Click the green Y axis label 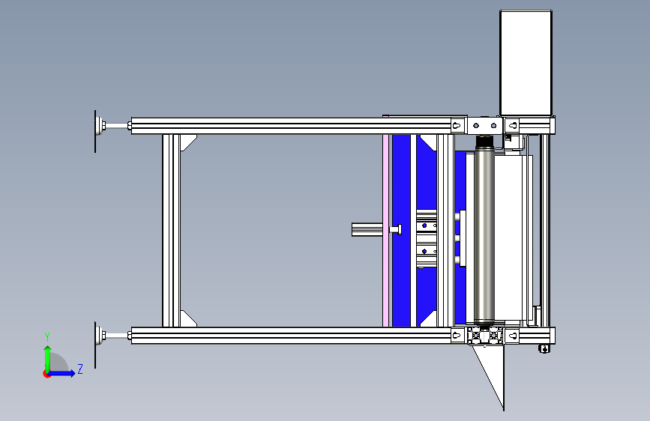pyautogui.click(x=47, y=337)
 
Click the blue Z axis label pyautogui.click(x=80, y=369)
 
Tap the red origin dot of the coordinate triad pyautogui.click(x=46, y=374)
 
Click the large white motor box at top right pyautogui.click(x=526, y=63)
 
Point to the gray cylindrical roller pyautogui.click(x=484, y=229)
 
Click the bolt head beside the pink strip pyautogui.click(x=396, y=229)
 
